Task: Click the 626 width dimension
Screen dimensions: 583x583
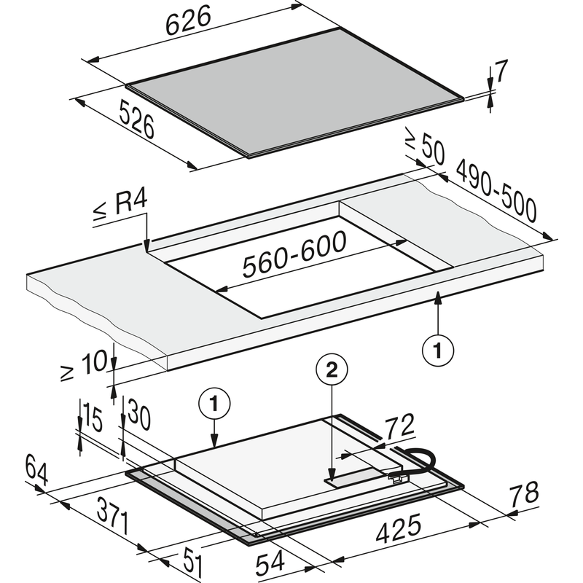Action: pyautogui.click(x=188, y=20)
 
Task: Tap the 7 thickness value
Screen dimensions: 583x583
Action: pyautogui.click(x=501, y=71)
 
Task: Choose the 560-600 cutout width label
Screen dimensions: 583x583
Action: pyautogui.click(x=294, y=254)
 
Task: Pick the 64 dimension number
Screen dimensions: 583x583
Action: pyautogui.click(x=36, y=469)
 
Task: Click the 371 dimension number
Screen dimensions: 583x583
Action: pyautogui.click(x=113, y=516)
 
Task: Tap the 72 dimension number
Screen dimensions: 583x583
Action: pyautogui.click(x=399, y=426)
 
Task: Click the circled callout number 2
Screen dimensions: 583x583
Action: pyautogui.click(x=332, y=369)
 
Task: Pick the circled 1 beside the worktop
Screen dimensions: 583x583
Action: pyautogui.click(x=438, y=351)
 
